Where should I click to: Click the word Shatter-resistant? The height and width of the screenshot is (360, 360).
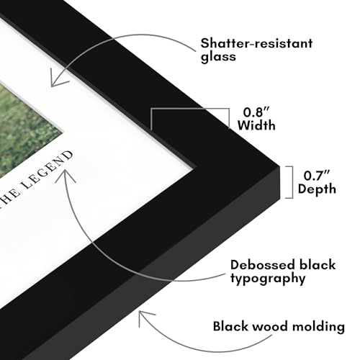[256, 43]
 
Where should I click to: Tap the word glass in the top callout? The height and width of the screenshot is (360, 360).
[218, 57]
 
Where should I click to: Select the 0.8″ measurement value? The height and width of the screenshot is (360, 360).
[256, 112]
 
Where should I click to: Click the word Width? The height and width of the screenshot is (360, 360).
[256, 125]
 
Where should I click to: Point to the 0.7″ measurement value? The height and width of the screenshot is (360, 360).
[317, 176]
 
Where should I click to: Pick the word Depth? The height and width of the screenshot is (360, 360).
[317, 189]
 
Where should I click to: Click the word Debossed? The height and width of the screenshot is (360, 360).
[262, 265]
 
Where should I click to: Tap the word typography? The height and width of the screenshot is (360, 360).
[268, 279]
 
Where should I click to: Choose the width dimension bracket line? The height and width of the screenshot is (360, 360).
[189, 109]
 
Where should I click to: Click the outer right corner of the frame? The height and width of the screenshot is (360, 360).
[279, 166]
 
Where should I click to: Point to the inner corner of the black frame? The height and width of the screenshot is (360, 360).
[197, 166]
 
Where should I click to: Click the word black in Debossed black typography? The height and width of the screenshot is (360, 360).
[317, 265]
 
